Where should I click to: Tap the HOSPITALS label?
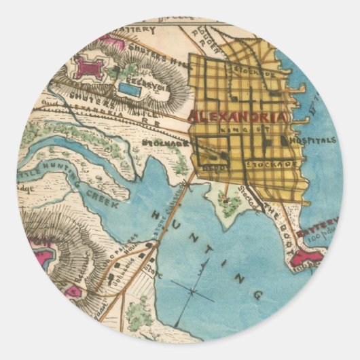tap(312, 141)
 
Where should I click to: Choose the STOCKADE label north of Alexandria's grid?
tap(255, 71)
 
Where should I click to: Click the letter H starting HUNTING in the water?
tap(159, 214)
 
